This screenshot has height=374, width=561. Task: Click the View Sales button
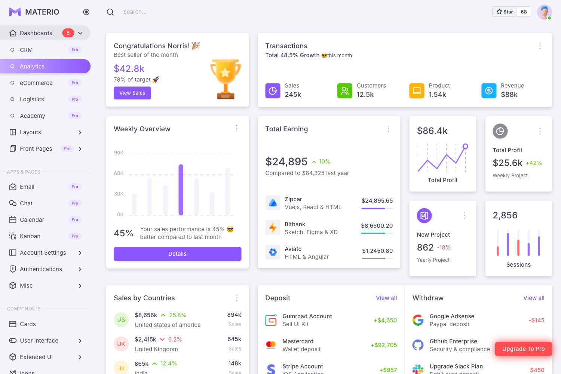pos(132,93)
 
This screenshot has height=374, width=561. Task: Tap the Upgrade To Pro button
pos(523,349)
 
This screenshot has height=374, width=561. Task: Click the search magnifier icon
pos(110,12)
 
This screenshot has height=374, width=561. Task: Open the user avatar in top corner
pos(544,12)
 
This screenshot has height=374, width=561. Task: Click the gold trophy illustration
pos(226,79)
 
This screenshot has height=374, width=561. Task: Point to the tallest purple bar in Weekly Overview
pos(181,190)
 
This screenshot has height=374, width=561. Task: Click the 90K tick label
pos(119,153)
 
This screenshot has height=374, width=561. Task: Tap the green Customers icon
pos(344,91)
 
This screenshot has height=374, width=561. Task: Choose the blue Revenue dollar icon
pos(488,91)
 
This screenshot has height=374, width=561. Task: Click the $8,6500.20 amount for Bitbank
pos(377,226)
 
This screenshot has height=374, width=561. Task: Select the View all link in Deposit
pos(386,298)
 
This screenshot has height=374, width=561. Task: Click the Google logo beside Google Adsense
pos(418,320)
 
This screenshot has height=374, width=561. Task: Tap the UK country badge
pos(121,344)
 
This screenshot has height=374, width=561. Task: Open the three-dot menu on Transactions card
pos(540,46)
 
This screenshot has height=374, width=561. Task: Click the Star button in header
pos(505,12)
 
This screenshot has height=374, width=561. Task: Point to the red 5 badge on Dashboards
pos(68,33)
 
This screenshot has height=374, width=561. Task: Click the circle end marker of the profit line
pos(465,146)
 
